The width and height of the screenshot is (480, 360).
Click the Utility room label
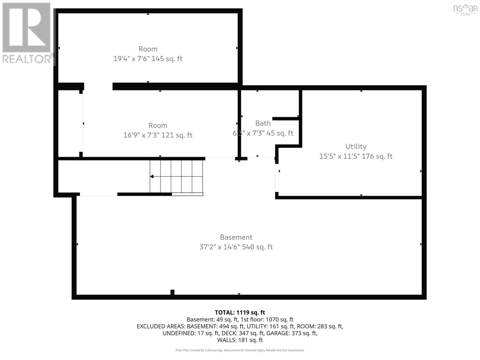pyautogui.click(x=356, y=146)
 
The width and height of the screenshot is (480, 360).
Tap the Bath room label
pyautogui.click(x=263, y=123)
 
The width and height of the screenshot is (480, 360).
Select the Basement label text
pyautogui.click(x=236, y=237)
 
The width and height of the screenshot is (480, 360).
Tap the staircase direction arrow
pyautogui.click(x=152, y=176)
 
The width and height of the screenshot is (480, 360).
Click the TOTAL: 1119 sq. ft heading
pyautogui.click(x=240, y=312)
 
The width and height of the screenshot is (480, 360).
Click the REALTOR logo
pyautogui.click(x=27, y=33)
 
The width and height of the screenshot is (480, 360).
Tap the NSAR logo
pyautogui.click(x=465, y=9)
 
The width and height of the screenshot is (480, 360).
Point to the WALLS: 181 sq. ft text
pyautogui.click(x=240, y=340)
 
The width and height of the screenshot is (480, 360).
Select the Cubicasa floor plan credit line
pyautogui.click(x=240, y=350)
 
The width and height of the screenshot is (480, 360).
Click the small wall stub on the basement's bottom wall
pyautogui.click(x=172, y=292)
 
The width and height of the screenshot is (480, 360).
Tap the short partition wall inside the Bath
pyautogui.click(x=285, y=119)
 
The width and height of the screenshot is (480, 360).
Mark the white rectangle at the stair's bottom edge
pyautogui.click(x=187, y=194)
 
